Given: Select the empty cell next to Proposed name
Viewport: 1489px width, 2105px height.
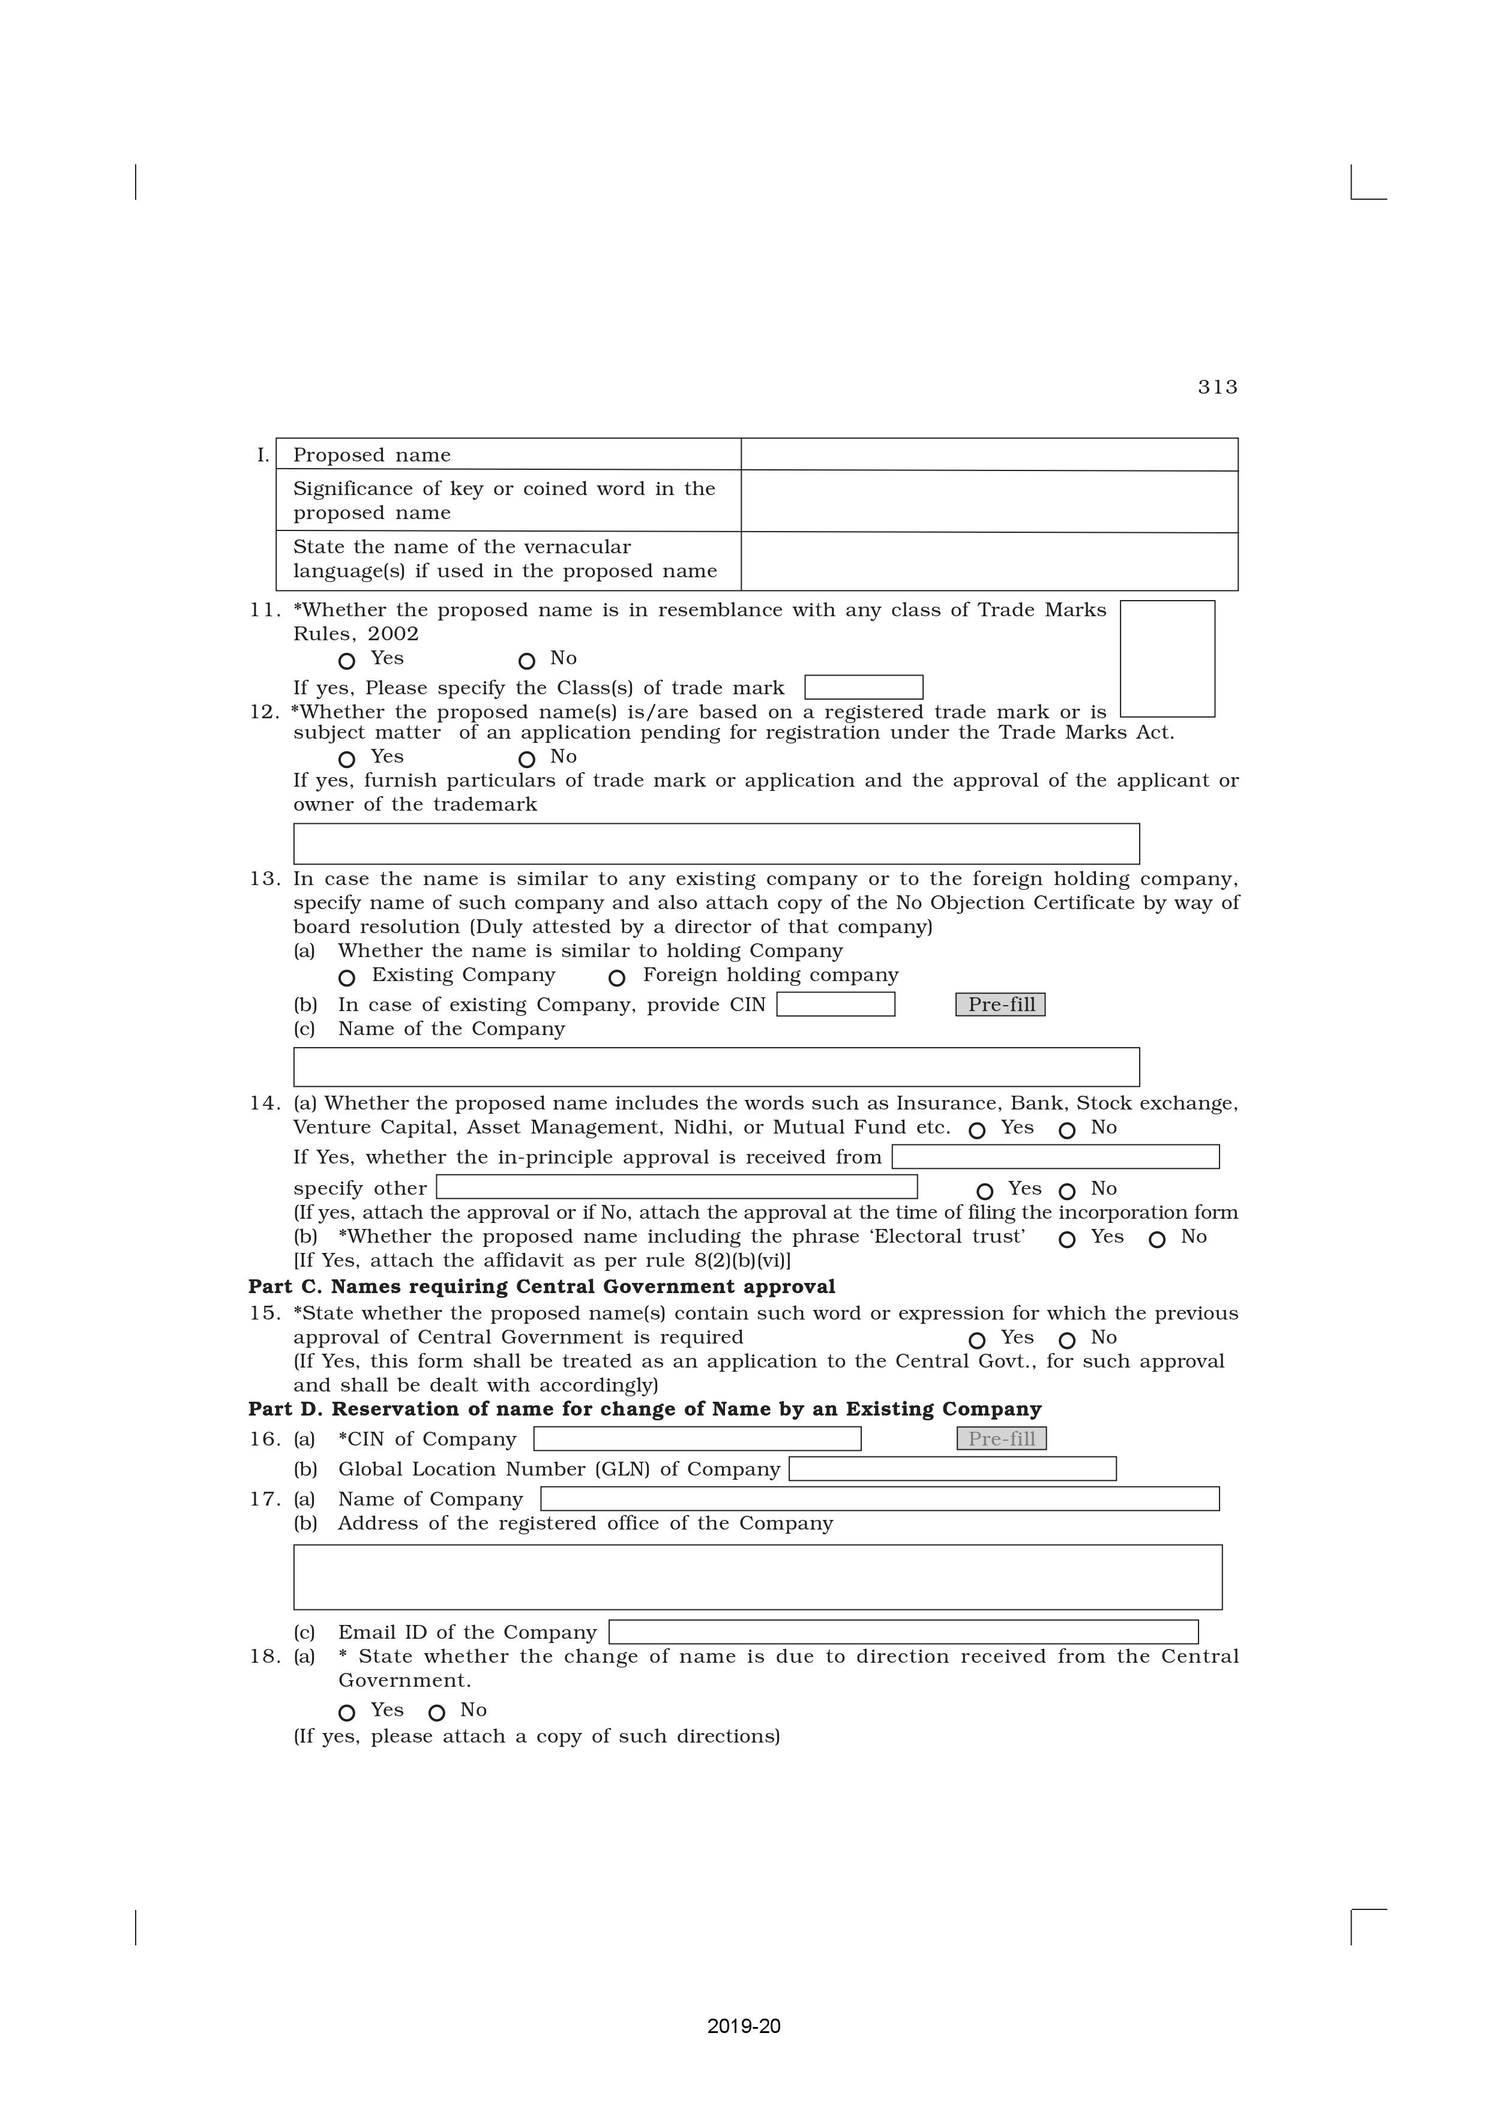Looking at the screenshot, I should click(988, 455).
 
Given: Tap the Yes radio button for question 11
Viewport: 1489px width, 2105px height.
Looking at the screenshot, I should click(346, 661).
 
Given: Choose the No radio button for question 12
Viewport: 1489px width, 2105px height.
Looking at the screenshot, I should click(526, 759).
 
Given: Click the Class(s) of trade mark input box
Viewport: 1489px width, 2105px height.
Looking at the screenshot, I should click(863, 686).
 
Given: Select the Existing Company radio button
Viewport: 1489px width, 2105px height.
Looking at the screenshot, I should click(346, 978).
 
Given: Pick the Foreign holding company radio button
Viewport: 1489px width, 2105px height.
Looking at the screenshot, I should click(617, 978).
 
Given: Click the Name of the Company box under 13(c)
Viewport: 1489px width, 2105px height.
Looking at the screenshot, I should click(715, 1066).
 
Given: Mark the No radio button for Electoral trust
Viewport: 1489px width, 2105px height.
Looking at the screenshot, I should click(1157, 1240).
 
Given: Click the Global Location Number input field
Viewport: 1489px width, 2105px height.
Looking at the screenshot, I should click(952, 1469).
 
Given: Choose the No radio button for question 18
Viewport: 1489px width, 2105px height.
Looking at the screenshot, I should click(438, 1713).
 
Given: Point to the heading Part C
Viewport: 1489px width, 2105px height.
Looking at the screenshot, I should click(541, 1287).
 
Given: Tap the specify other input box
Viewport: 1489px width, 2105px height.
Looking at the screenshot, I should click(676, 1188).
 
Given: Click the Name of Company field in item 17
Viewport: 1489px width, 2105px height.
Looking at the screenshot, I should click(879, 1499).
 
